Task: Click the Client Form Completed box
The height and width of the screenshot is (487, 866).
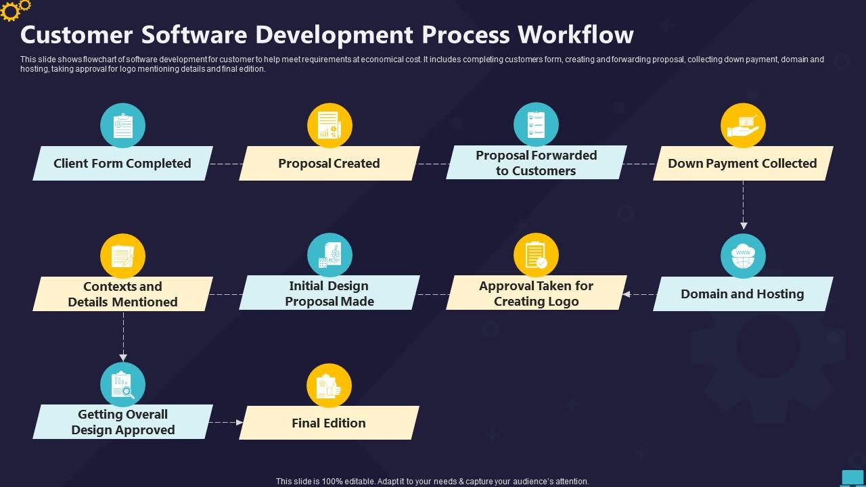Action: (122, 164)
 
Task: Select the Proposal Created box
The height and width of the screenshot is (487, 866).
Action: (329, 164)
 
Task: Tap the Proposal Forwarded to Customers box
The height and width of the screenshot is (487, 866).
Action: (536, 163)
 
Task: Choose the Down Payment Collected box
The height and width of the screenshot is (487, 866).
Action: (742, 164)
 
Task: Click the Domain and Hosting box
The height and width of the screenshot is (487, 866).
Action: (742, 294)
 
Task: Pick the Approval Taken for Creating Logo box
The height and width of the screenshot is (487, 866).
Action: (536, 294)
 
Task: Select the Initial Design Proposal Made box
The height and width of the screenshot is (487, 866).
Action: (329, 294)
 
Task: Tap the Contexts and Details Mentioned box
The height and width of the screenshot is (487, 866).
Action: (122, 294)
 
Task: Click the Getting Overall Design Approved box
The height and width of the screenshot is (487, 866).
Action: (122, 422)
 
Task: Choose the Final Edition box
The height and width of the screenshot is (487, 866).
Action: (329, 423)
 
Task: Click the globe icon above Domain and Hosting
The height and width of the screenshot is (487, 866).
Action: (743, 256)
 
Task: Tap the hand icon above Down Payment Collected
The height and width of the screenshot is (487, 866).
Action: (743, 126)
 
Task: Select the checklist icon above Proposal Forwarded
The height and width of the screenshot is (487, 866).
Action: (536, 125)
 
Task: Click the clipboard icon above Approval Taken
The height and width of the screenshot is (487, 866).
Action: (536, 256)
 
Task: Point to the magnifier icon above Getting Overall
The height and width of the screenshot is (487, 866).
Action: (122, 385)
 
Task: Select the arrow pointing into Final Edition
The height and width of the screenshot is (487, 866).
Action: (226, 422)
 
